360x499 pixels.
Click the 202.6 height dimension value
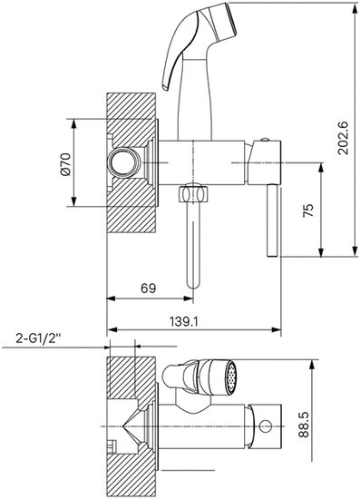pos(343,138)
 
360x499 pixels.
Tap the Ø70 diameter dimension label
pos(65,163)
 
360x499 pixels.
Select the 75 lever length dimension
pos(307,210)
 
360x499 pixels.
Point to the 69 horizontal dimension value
pos(149,289)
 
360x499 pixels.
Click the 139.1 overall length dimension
pos(184,322)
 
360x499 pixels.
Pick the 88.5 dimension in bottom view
pos(304,425)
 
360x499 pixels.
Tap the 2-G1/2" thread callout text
pos(38,338)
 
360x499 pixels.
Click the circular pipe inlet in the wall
pos(124,162)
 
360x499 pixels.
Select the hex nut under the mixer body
pos(193,194)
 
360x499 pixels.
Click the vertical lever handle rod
pos(273,220)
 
